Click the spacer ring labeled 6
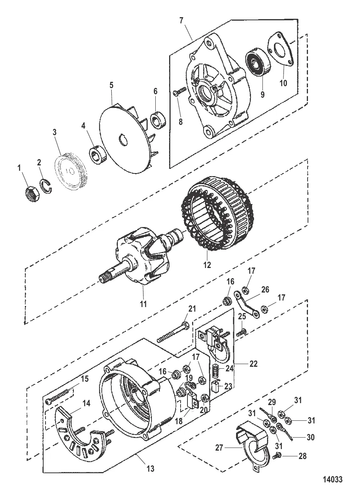158,119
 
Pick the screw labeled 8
180,92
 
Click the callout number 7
181,21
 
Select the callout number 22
253,364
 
